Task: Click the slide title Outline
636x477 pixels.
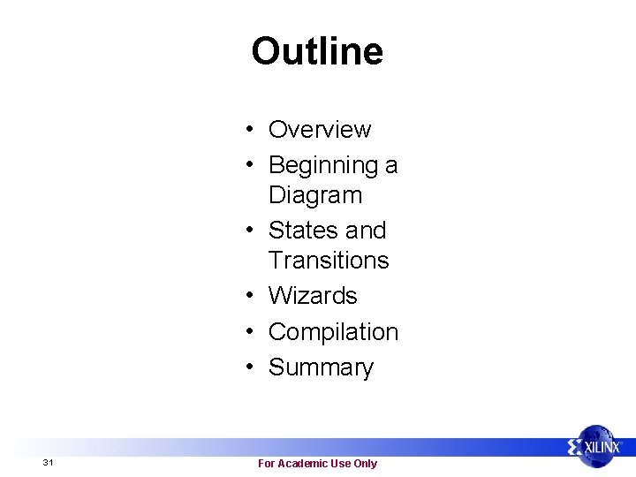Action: [x=317, y=51]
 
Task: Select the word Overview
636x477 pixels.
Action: [x=319, y=130]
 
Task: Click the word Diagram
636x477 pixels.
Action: [x=314, y=195]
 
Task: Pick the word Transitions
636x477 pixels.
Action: [x=328, y=261]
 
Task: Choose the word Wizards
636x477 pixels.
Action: [x=312, y=296]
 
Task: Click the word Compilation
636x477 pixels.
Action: [x=333, y=332]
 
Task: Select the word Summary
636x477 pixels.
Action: [x=321, y=367]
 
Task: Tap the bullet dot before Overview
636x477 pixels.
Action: [x=252, y=130]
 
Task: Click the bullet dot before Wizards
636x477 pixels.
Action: [x=252, y=296]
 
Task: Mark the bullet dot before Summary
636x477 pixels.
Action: [x=252, y=367]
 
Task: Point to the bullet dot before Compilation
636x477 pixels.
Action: [x=252, y=332]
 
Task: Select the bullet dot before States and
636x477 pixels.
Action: [x=252, y=231]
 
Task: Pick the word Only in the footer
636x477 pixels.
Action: [x=365, y=464]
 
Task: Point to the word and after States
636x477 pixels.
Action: [x=366, y=231]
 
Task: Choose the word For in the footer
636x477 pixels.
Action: [x=266, y=464]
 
